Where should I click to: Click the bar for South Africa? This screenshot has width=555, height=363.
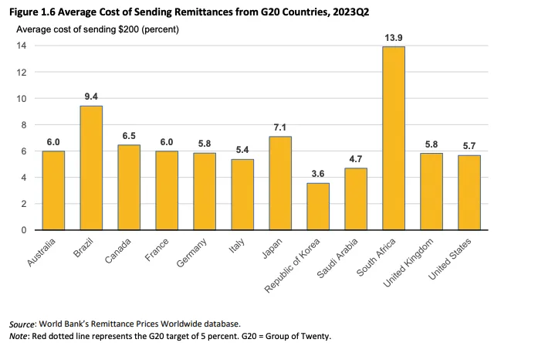(393, 138)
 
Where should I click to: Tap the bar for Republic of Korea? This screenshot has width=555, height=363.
(317, 206)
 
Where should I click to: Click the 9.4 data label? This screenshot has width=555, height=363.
(91, 97)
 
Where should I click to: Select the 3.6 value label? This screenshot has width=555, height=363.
(317, 174)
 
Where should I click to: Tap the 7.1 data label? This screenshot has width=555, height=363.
(279, 127)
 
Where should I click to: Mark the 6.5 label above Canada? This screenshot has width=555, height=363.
(129, 135)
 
